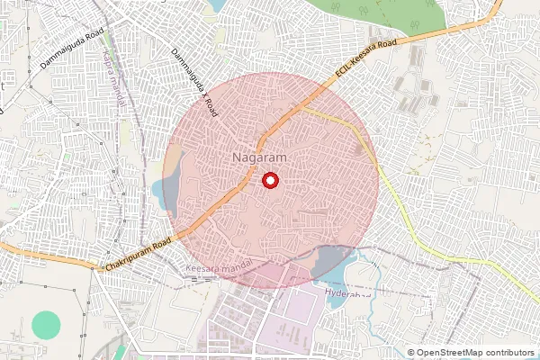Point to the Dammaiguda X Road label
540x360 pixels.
coord(195,82)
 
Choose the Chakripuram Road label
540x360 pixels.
coord(137,255)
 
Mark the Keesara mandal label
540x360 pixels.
coord(215,269)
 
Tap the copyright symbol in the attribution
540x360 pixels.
coord(411,352)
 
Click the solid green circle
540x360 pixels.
coord(44,325)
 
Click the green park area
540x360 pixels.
coord(378,16)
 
